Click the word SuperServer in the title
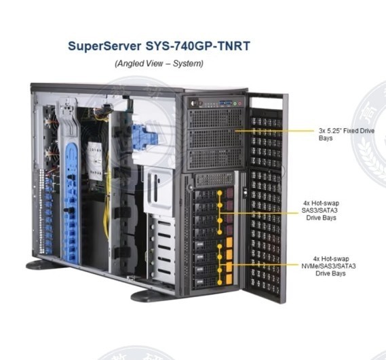click(104, 46)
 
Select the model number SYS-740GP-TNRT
click(198, 46)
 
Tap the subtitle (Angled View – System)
click(159, 64)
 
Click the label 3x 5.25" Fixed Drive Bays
click(347, 134)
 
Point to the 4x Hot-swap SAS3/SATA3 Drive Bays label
click(321, 210)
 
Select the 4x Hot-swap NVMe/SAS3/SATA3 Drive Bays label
click(329, 266)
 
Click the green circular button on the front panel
click(235, 104)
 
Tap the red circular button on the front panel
click(240, 104)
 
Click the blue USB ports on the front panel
click(225, 102)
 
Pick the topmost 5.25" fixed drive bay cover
click(215, 119)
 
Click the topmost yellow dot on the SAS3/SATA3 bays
click(220, 193)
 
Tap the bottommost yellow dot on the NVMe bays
click(220, 283)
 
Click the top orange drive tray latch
click(229, 242)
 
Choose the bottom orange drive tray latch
click(229, 279)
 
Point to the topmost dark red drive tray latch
click(230, 192)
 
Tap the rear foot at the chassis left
click(44, 264)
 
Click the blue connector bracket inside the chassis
click(143, 138)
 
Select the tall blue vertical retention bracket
click(71, 202)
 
